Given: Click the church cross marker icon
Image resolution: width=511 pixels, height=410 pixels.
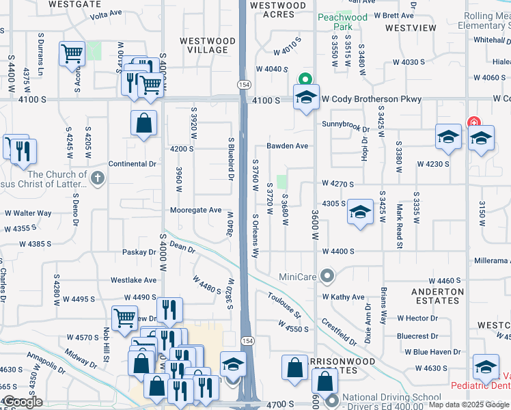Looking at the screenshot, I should click(x=98, y=179).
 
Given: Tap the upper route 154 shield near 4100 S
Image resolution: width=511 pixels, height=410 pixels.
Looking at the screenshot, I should click(x=243, y=84).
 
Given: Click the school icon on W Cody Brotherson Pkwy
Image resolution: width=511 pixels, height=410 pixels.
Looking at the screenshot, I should click(x=306, y=96).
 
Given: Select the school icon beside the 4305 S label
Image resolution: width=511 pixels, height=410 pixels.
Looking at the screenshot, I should click(x=359, y=212).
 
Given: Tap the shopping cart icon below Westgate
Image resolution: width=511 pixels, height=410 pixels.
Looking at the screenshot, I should click(x=72, y=53).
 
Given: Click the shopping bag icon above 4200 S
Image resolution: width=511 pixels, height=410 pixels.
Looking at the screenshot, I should click(x=143, y=124).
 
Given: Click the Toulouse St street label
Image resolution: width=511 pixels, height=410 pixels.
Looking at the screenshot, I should click(x=284, y=305).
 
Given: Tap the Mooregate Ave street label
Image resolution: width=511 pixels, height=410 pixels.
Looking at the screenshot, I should click(x=196, y=210).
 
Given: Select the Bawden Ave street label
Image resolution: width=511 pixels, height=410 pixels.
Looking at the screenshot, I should click(x=288, y=146).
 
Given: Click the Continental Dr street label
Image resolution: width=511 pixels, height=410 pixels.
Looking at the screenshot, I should click(x=133, y=164).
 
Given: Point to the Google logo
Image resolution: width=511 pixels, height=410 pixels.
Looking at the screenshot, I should click(x=23, y=402).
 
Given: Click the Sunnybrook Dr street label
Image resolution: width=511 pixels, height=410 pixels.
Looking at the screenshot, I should click(x=346, y=128).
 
